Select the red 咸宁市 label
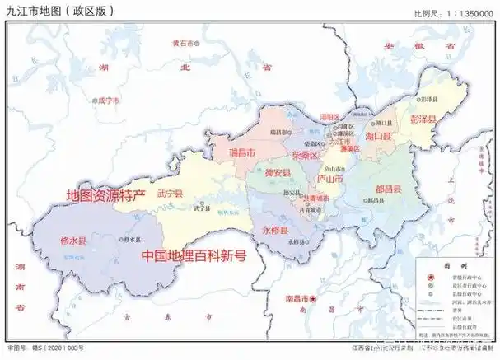(x=108, y=100)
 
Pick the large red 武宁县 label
(x=170, y=194)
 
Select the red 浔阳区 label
(x=329, y=118)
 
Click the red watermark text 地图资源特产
(x=105, y=196)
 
